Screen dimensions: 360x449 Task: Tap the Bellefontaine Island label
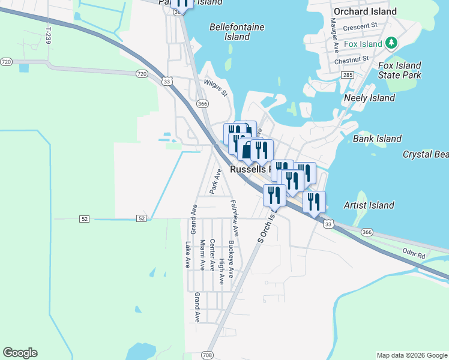237,32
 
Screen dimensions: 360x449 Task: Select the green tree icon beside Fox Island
391,43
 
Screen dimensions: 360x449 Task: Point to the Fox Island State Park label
399,70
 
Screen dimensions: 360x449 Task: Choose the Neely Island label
369,98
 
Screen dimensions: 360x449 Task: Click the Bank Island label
377,139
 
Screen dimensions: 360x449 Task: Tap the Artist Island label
369,205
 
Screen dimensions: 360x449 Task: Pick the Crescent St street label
360,26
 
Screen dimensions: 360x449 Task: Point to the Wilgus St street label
215,88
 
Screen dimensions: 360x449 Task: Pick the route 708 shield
208,355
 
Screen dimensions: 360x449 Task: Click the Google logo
20,353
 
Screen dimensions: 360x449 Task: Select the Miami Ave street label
203,256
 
